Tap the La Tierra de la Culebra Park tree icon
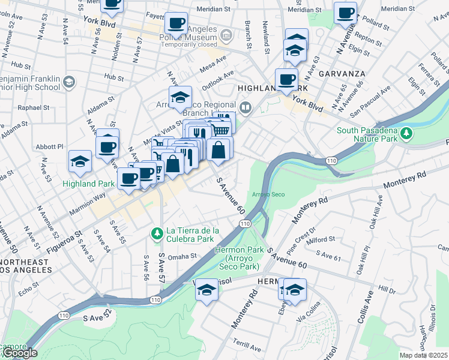click(157, 232)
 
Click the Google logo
click(19, 353)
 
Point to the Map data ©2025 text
click(423, 355)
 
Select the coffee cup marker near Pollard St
click(346, 13)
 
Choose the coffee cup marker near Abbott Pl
click(108, 146)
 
